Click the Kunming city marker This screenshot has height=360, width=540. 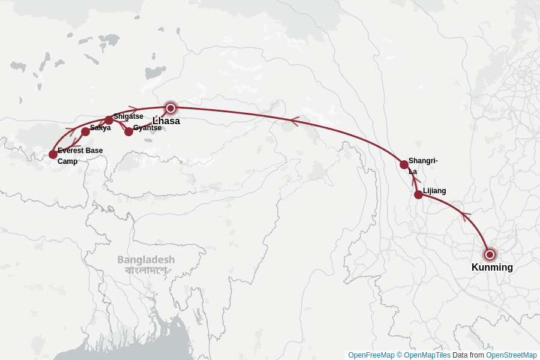coord(490,254)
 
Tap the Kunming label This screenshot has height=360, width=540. coord(492,268)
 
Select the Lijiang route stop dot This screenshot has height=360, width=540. coord(418,194)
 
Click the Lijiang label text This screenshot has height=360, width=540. coord(434,191)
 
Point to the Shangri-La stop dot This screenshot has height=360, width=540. coord(404,164)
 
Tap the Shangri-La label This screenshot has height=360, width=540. coord(422,166)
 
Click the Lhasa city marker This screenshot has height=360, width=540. coord(170,108)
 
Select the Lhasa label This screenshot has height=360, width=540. coord(166,121)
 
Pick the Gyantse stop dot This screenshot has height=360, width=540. coord(128,131)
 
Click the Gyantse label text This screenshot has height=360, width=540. coord(147,128)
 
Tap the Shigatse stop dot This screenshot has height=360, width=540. coord(109,120)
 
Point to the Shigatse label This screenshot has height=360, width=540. coord(128,116)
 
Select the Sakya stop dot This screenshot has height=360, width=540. coord(85,131)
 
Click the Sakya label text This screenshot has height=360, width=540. coord(100,128)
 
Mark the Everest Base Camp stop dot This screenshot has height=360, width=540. coord(53,154)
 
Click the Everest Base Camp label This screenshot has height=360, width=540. coord(80,155)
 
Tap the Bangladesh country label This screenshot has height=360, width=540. coord(146,260)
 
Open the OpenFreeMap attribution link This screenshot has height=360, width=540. coord(371,355)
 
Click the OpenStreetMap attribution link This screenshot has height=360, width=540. coord(511,355)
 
